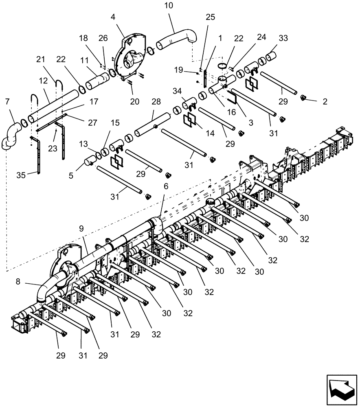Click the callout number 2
(x=325, y=102)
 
